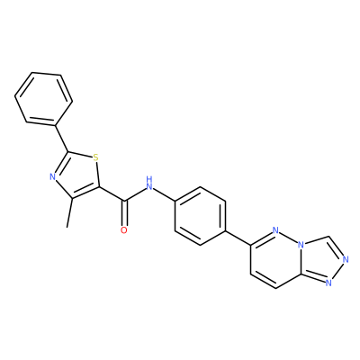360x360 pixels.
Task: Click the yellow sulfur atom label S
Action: coord(95,157)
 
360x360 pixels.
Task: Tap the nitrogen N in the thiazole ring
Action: coord(53,176)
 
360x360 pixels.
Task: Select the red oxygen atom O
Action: coord(124,230)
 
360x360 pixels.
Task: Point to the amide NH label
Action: coord(149,184)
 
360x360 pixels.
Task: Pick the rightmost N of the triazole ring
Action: coord(346,259)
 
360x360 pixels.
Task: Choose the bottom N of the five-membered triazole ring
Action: coord(328,283)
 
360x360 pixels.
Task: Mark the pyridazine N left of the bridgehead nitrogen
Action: coord(276,230)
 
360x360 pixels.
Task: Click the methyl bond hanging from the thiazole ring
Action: coord(70,213)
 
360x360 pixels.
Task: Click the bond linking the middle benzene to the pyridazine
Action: coord(238,238)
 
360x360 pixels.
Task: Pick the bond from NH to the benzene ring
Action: coord(165,194)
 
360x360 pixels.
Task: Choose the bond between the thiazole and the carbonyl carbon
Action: coord(112,193)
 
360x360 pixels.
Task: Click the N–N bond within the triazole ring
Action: coord(337,271)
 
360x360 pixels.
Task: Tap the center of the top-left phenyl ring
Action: coord(44,98)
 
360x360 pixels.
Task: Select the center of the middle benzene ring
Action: coord(200,216)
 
